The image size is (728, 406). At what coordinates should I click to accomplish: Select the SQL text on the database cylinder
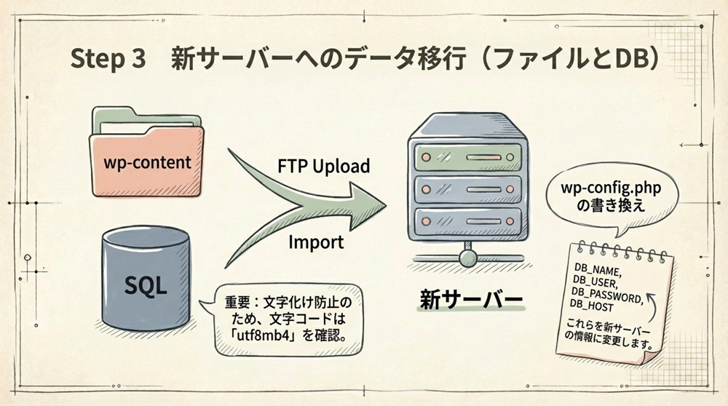pos(146,284)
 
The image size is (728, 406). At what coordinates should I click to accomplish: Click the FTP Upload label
pos(324,166)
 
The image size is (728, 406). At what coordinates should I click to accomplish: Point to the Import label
pos(316,242)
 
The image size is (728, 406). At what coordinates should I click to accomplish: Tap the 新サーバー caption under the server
pos(470,300)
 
